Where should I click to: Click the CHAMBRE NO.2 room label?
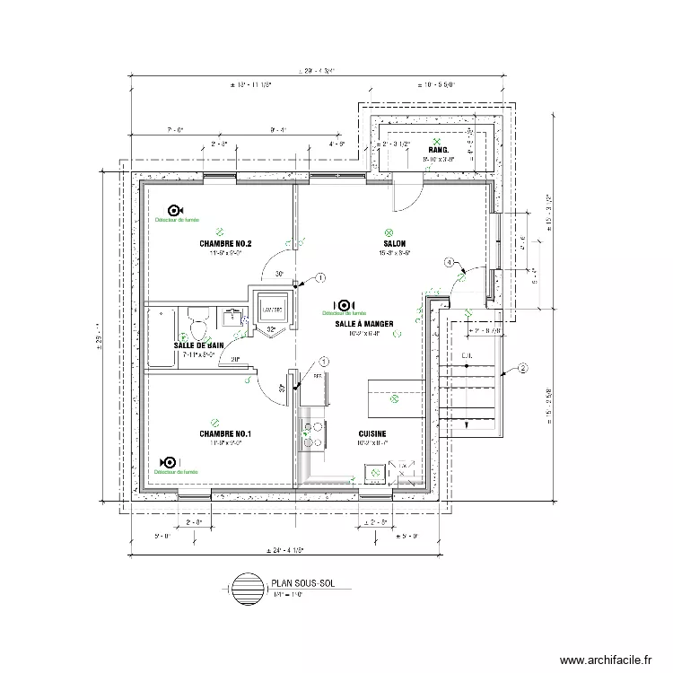click(x=225, y=244)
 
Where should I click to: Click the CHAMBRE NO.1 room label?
click(x=225, y=434)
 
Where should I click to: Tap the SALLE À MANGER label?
click(x=358, y=323)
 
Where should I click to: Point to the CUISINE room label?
click(x=371, y=433)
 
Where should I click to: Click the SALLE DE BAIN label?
click(x=198, y=345)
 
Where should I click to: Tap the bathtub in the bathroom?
click(x=164, y=336)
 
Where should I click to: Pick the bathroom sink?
click(x=234, y=315)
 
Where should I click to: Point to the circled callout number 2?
click(x=523, y=366)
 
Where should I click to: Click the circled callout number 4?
click(x=448, y=262)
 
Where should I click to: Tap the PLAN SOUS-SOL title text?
click(x=300, y=583)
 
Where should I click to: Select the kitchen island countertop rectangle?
click(x=395, y=398)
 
